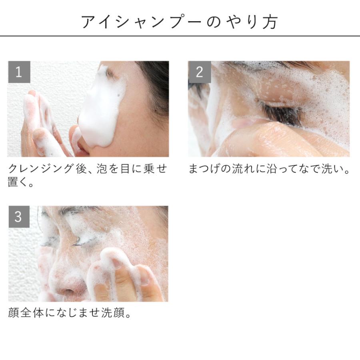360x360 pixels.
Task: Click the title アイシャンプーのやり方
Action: [180, 22]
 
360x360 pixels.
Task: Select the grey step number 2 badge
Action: [199, 72]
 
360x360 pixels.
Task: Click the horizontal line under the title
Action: [180, 36]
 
